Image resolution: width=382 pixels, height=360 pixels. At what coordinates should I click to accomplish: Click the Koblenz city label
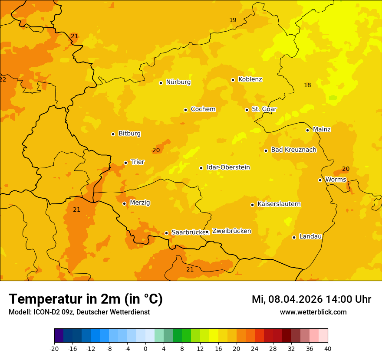click(250, 79)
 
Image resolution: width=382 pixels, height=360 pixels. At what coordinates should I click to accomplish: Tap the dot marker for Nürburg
click(161, 83)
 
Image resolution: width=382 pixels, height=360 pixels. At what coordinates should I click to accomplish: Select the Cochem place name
click(203, 109)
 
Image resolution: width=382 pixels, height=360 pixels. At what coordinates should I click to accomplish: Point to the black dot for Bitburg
click(113, 134)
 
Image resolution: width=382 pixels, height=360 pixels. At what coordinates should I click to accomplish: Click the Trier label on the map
click(138, 162)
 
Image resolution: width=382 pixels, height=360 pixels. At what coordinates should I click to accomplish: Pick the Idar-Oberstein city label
click(228, 167)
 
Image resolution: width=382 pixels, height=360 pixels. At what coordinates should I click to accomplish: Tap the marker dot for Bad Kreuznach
click(266, 151)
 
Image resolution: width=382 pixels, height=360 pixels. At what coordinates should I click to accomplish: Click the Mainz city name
click(322, 130)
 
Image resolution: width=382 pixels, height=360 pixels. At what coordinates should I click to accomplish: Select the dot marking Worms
click(320, 180)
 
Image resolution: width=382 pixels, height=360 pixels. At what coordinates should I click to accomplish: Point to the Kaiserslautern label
click(279, 204)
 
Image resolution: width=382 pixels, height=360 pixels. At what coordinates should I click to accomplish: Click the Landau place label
click(310, 236)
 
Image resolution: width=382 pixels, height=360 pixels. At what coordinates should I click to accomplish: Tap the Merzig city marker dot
click(124, 203)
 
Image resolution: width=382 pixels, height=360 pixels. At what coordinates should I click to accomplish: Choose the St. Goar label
click(264, 109)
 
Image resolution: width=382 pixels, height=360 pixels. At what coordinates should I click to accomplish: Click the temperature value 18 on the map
click(307, 85)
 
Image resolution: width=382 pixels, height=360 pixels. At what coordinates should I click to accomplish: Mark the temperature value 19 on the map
click(233, 20)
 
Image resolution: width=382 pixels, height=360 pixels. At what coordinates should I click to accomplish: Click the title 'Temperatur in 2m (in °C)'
click(86, 299)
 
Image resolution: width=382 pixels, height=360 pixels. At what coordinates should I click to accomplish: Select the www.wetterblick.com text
click(313, 312)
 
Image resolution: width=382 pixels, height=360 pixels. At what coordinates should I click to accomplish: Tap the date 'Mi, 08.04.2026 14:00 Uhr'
click(311, 299)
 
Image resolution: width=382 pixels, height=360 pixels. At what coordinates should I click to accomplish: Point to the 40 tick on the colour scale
click(328, 348)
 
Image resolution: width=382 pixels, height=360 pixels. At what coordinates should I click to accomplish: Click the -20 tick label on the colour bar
click(54, 348)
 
